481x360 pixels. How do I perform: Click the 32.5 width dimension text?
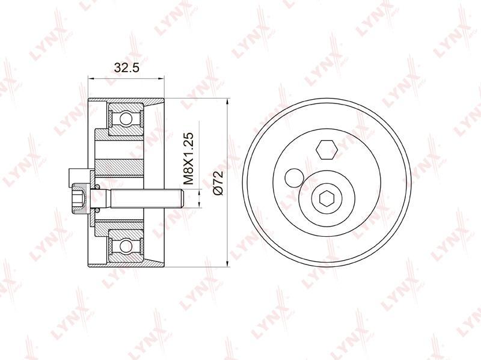click(126, 67)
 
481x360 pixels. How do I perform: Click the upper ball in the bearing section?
click(126, 118)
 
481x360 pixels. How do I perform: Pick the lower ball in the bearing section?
click(126, 245)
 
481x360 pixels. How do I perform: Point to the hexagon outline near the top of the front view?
click(327, 150)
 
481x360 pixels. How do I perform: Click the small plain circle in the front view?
click(294, 177)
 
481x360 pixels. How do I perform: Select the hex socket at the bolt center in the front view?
click(326, 198)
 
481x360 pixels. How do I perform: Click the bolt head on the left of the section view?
click(81, 199)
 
